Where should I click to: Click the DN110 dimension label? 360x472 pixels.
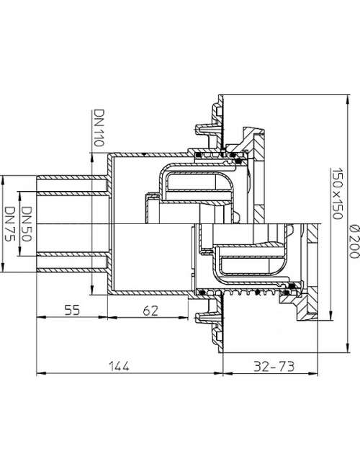[99, 128]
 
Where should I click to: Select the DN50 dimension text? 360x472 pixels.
[27, 224]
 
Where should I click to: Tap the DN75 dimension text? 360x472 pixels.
[10, 224]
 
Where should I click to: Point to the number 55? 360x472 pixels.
[72, 310]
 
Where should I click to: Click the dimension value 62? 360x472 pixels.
[150, 311]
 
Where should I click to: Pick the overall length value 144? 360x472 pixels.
[119, 366]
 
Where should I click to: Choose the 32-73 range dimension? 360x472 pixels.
[274, 366]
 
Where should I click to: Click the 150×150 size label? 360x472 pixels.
[337, 194]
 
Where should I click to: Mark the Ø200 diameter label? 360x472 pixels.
[354, 241]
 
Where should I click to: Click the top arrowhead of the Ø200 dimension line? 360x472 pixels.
[348, 99]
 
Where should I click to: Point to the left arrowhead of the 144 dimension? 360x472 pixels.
[40, 373]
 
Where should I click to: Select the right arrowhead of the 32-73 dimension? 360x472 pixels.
[314, 373]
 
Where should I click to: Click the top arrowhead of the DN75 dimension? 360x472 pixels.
[3, 180]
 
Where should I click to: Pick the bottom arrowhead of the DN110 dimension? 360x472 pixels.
[92, 290]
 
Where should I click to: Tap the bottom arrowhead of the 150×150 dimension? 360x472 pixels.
[330, 316]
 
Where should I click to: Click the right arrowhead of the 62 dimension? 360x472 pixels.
[184, 317]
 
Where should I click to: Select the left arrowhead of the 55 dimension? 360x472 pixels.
[40, 317]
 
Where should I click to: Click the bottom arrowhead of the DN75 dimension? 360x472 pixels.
[3, 268]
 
